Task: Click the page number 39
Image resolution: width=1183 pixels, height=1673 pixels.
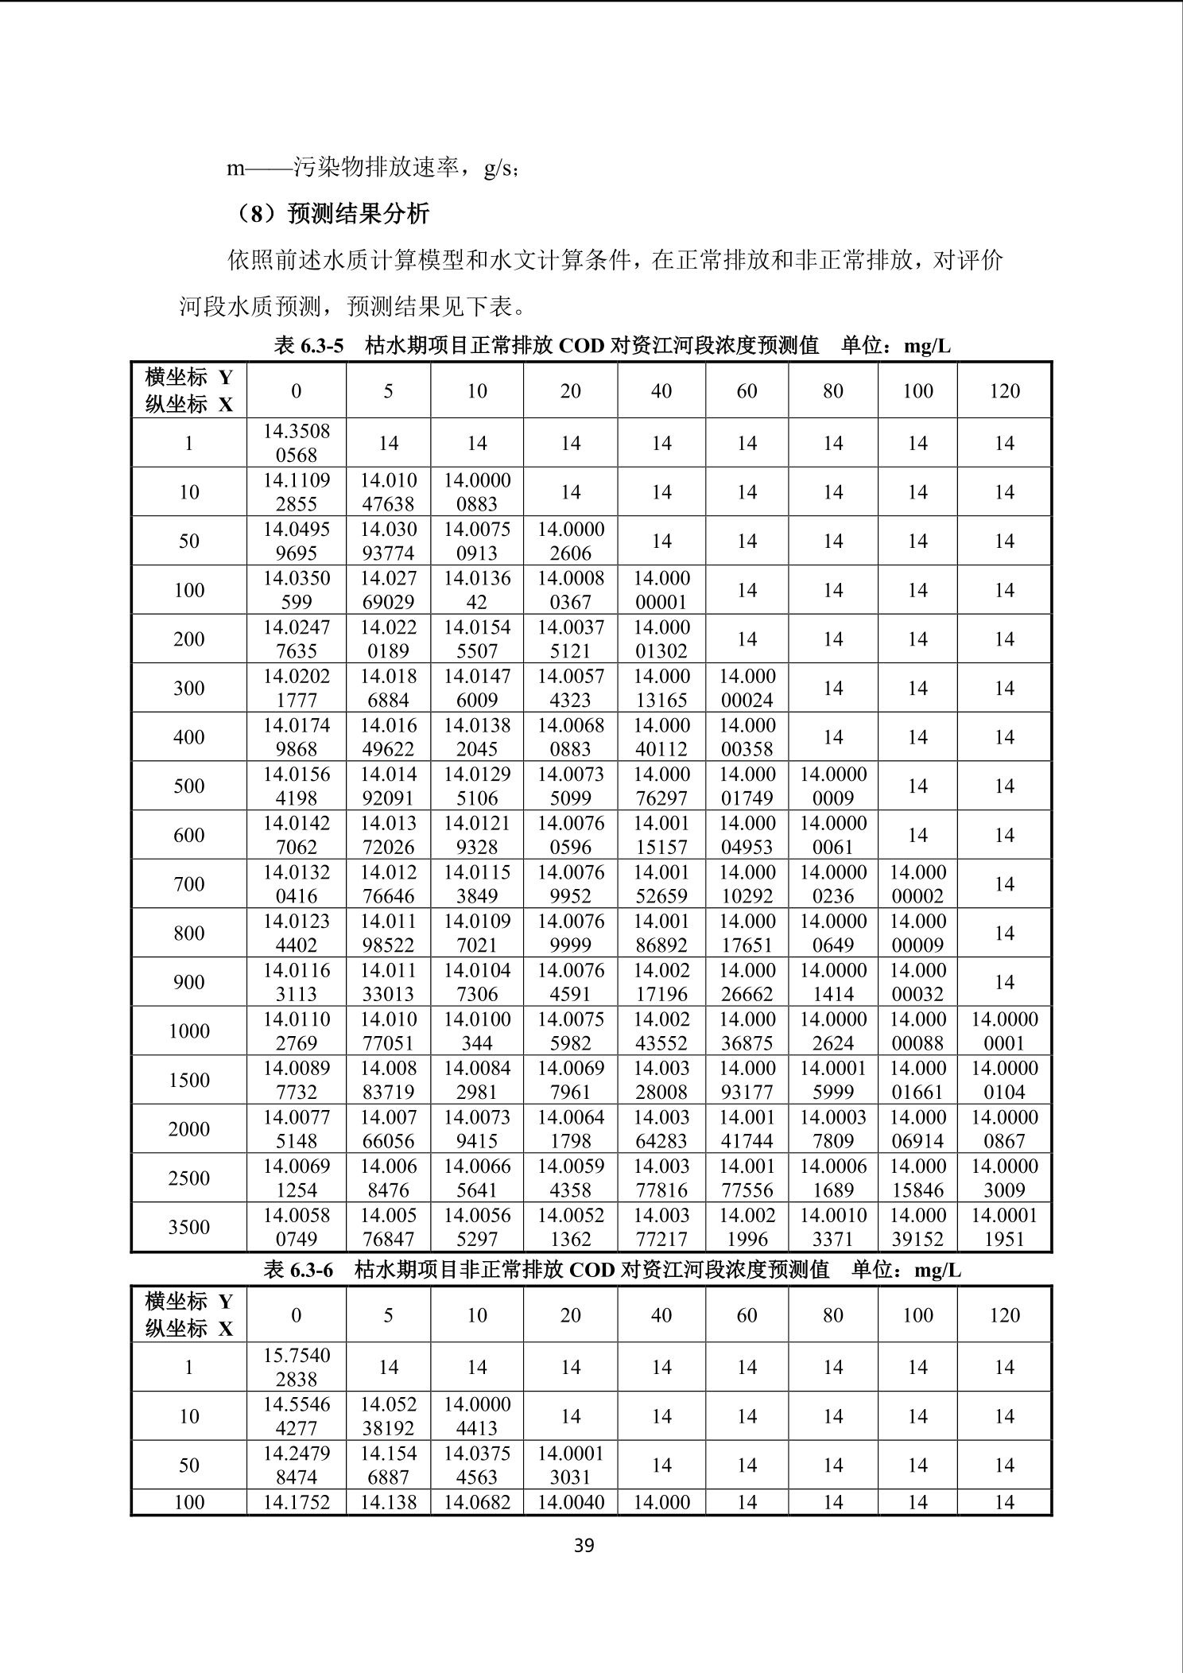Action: click(584, 1545)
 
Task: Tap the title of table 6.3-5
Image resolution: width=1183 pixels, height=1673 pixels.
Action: click(612, 345)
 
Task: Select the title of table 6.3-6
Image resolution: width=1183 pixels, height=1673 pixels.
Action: click(612, 1270)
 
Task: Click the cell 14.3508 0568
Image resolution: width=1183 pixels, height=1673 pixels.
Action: click(297, 443)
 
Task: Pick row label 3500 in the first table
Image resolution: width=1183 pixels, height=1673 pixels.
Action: click(189, 1227)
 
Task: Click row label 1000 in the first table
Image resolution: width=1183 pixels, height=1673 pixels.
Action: click(189, 1031)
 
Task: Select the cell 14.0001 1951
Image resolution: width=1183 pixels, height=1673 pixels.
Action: click(1004, 1227)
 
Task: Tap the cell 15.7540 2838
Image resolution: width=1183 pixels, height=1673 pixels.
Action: click(297, 1367)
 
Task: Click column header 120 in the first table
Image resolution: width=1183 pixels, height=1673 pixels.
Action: click(1004, 390)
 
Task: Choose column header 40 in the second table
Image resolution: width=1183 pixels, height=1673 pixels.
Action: click(661, 1315)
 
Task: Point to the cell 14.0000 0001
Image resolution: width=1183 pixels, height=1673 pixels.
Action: click(1004, 1031)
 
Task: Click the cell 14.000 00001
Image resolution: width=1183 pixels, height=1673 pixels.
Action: click(661, 590)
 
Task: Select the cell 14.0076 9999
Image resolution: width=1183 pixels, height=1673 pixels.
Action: click(571, 933)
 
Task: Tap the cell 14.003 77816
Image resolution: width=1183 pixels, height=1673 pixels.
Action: click(661, 1178)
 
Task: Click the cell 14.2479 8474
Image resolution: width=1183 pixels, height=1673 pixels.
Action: click(297, 1465)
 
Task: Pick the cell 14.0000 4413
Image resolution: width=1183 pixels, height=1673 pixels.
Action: click(477, 1416)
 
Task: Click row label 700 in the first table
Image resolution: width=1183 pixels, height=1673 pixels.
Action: click(189, 884)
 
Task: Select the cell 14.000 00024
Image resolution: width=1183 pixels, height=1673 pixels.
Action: click(747, 688)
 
